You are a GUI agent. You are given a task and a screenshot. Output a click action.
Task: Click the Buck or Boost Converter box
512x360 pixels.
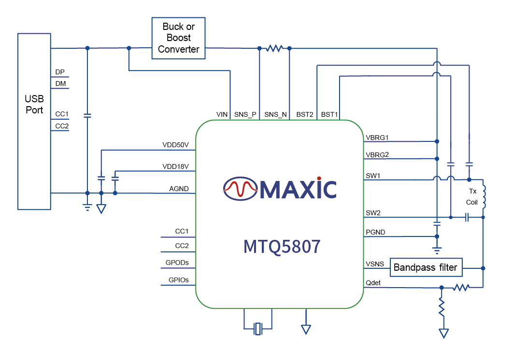pyautogui.click(x=179, y=38)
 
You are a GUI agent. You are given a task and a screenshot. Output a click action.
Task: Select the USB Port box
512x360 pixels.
pyautogui.click(x=34, y=121)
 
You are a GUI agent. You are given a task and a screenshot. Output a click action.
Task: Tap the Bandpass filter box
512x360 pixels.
pyautogui.click(x=426, y=267)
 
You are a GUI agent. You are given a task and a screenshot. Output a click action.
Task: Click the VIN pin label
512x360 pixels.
pyautogui.click(x=222, y=114)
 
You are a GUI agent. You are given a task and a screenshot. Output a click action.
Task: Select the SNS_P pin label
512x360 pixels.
pyautogui.click(x=245, y=114)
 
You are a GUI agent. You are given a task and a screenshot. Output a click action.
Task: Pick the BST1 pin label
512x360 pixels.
pyautogui.click(x=329, y=114)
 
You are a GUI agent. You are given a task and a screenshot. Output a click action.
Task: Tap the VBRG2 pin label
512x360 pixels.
pyautogui.click(x=378, y=155)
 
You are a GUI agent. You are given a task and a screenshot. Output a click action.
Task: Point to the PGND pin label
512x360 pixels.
pyautogui.click(x=376, y=233)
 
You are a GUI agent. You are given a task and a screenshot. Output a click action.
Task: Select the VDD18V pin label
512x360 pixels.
pyautogui.click(x=175, y=166)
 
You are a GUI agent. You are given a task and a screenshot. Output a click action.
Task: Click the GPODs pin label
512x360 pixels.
pyautogui.click(x=177, y=263)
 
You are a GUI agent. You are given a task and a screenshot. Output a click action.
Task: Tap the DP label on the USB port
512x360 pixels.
pyautogui.click(x=60, y=72)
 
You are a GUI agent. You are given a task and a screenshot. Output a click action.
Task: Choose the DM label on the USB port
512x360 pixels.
pyautogui.click(x=60, y=84)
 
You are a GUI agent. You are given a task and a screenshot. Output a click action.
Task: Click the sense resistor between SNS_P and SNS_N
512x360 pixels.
pyautogui.click(x=274, y=48)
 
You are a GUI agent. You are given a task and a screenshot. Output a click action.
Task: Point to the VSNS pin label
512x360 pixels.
pyautogui.click(x=375, y=264)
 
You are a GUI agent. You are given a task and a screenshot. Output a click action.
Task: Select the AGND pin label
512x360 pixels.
pyautogui.click(x=179, y=189)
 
